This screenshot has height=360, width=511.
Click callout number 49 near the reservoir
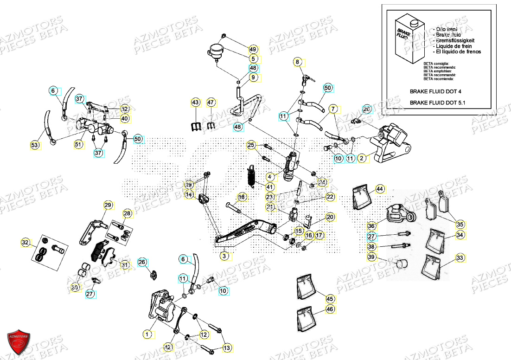tap(253, 49)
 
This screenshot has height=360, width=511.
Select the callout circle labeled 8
tap(298, 62)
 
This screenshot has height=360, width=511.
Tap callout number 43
tap(195, 102)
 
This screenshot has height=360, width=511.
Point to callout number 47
tap(211, 102)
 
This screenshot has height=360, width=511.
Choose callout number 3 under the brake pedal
tap(224, 256)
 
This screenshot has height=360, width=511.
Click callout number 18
tap(241, 198)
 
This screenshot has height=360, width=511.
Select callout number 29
tap(108, 205)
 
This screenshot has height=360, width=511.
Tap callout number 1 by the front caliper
tap(147, 334)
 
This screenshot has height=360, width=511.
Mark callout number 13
tap(227, 347)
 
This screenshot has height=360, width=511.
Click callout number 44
tap(380, 189)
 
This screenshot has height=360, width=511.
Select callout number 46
tap(330, 309)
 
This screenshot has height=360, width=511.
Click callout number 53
tap(35, 146)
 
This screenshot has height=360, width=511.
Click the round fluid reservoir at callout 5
tap(216, 51)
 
